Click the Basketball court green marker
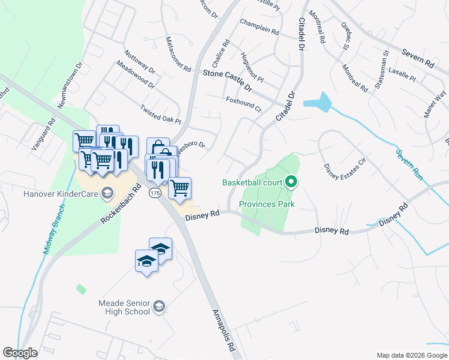click(291, 181)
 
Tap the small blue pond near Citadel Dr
click(319, 103)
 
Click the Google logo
click(20, 353)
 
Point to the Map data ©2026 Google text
click(412, 355)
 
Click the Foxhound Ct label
click(243, 104)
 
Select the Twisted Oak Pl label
click(160, 115)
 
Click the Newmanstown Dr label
click(69, 88)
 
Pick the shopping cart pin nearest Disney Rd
click(179, 188)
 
